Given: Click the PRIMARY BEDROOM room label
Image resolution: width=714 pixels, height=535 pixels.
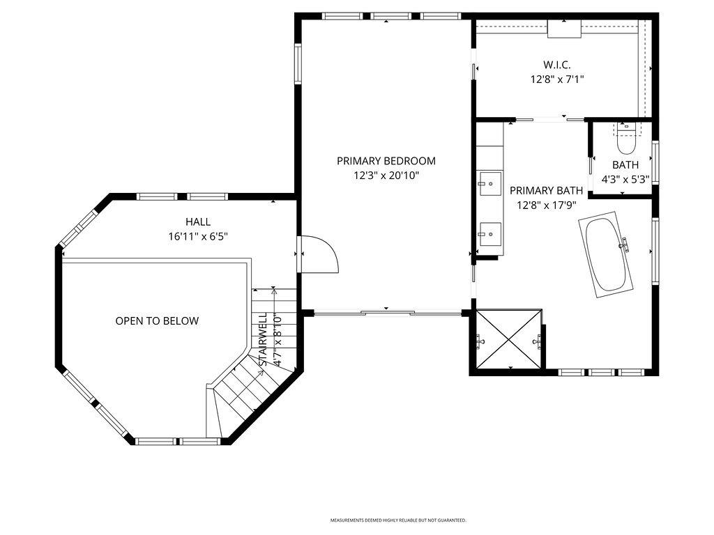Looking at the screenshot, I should (x=386, y=161).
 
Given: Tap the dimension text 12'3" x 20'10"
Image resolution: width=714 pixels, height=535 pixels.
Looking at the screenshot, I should (x=386, y=176).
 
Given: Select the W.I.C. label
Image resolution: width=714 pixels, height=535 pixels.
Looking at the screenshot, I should (x=556, y=65).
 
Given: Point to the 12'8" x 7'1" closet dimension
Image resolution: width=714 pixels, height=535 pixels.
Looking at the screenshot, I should (x=556, y=80).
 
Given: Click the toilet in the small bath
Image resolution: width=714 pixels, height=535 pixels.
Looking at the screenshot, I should (x=625, y=137).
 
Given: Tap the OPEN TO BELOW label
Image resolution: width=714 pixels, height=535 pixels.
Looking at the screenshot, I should (x=157, y=321).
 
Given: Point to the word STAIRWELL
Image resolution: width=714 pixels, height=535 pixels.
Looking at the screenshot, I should (x=264, y=339).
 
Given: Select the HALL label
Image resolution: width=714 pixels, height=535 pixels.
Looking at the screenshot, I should (x=198, y=222).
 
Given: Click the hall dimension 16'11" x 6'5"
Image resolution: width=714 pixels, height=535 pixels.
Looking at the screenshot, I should (x=198, y=237).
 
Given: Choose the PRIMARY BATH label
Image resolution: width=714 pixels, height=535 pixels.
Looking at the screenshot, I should (x=546, y=190).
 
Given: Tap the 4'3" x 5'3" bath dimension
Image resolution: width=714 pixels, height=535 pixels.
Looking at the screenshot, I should (x=625, y=179).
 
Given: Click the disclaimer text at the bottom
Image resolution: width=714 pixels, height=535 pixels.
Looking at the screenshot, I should (x=398, y=520).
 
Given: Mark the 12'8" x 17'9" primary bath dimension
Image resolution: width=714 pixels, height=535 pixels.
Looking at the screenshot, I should (x=546, y=206).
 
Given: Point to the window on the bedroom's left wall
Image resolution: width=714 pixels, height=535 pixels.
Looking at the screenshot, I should (x=298, y=64).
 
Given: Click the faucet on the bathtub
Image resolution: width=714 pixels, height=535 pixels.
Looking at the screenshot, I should (x=625, y=244).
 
